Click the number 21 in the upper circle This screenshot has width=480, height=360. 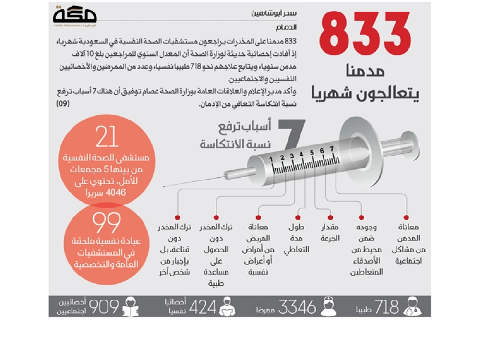click(107, 138)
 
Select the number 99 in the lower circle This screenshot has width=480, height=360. click(107, 223)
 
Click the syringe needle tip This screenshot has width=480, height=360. click(165, 186)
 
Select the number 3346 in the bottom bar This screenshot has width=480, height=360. click(297, 307)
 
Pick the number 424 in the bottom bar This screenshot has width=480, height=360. click(202, 307)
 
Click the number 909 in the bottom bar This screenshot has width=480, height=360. click(104, 307)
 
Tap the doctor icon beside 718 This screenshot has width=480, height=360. click(412, 307)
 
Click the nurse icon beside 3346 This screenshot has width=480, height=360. click(329, 307)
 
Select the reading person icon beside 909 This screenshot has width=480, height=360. click(131, 307)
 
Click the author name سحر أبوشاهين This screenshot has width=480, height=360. click(272, 13)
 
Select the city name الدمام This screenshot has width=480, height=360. click(286, 27)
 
